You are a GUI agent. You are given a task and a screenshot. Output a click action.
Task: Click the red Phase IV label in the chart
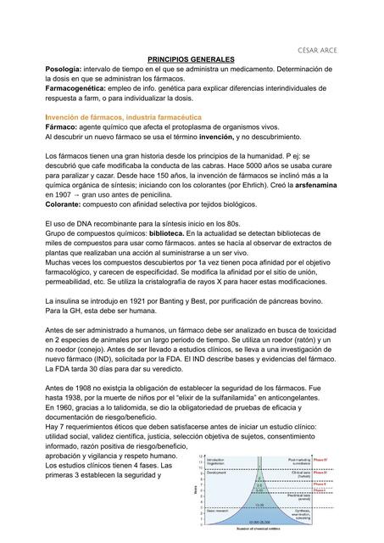click(x=320, y=459)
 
